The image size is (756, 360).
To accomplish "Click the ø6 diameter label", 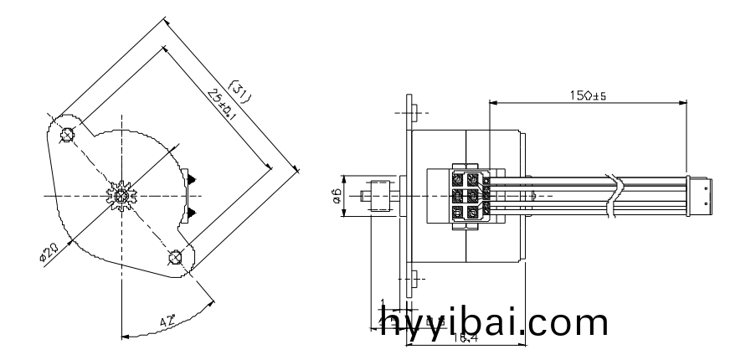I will point(335,197).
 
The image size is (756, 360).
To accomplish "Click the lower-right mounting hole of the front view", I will point(175,257).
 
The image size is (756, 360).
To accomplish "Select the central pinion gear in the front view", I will point(122,196).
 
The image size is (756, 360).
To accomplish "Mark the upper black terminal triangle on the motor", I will point(191,178).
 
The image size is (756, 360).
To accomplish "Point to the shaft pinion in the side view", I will point(378,198).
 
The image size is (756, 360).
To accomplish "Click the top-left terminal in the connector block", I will point(458,178).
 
